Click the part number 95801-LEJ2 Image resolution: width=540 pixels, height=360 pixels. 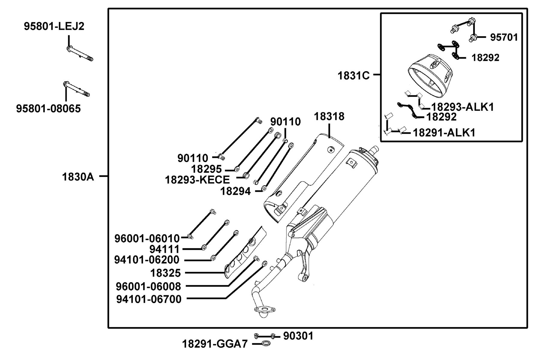point(54,26)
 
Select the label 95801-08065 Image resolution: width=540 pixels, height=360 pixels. point(49,108)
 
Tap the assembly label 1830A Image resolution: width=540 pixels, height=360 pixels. point(78,177)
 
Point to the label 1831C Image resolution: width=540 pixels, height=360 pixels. point(354,76)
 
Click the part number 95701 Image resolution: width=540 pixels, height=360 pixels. point(504,37)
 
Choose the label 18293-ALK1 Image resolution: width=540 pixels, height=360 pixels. point(462,107)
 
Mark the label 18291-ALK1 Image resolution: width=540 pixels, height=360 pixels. point(444,133)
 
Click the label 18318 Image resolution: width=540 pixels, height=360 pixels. point(329,116)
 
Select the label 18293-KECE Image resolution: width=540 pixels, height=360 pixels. point(197,180)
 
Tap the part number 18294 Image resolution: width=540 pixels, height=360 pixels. point(235,191)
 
